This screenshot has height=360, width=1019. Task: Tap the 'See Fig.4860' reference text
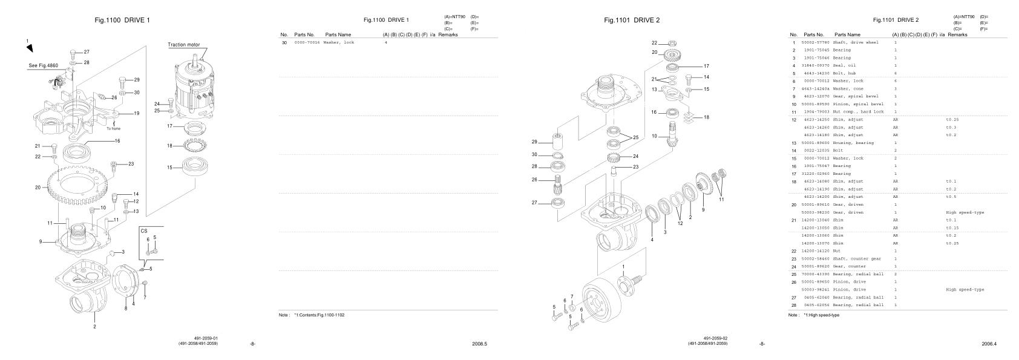point(42,65)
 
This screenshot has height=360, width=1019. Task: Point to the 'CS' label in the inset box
point(144,231)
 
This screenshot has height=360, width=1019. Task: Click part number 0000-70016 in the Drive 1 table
point(307,42)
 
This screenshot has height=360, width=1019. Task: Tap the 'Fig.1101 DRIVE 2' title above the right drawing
point(632,20)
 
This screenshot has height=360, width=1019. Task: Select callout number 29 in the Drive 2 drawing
point(534,142)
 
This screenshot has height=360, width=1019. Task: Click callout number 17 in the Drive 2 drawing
point(706,66)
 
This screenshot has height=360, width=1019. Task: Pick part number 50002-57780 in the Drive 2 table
point(814,42)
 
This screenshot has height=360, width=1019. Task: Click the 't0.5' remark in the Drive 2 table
point(951,197)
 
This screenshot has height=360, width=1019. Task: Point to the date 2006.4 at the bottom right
point(989,344)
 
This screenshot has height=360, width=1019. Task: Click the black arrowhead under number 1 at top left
point(29,48)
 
